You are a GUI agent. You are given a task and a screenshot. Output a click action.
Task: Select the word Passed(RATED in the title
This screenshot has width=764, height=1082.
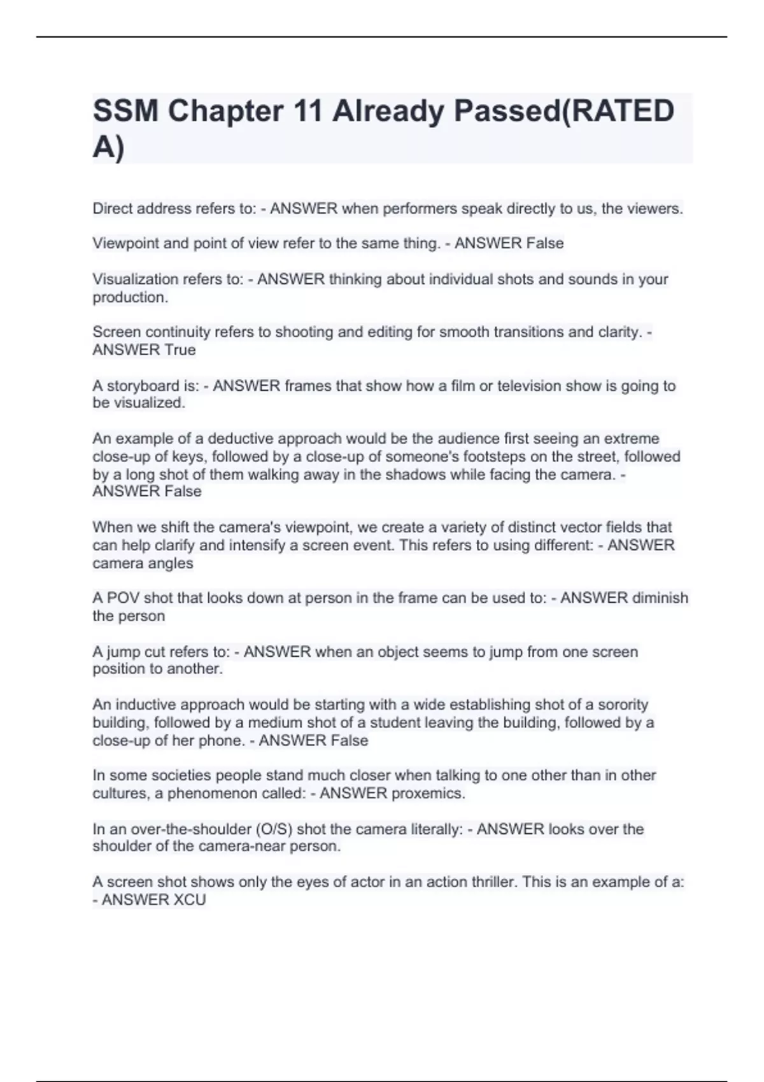[563, 112]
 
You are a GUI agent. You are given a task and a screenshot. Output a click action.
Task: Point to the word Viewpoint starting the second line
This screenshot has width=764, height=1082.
[125, 243]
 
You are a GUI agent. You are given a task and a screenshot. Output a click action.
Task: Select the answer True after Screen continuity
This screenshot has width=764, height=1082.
[180, 349]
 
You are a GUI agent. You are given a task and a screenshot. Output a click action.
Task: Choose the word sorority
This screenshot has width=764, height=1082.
[618, 705]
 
